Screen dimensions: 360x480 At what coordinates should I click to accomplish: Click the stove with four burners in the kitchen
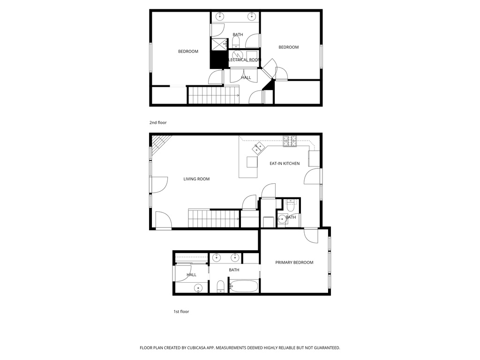point(290,140)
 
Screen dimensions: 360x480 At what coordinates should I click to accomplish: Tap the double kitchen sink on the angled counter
point(258,149)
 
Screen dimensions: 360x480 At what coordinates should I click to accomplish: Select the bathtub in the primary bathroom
point(244,286)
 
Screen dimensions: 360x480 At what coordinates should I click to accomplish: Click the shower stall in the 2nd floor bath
point(219,45)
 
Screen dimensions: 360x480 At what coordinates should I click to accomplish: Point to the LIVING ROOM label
point(196,179)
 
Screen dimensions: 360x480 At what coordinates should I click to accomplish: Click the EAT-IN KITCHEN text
point(284,164)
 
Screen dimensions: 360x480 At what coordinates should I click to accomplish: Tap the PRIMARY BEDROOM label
point(294,262)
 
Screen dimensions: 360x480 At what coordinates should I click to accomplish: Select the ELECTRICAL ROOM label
point(243,60)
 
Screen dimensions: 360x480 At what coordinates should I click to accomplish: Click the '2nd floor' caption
point(158,123)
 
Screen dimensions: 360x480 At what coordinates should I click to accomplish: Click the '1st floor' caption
point(181,311)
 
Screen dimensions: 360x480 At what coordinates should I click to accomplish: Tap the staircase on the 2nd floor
point(213,95)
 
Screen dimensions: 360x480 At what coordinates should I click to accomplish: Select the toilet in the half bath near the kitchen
point(290,204)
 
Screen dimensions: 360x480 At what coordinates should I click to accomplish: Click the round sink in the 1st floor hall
point(198,288)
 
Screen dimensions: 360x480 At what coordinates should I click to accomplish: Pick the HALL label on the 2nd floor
point(246,78)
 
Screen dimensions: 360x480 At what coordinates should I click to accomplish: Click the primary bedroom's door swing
point(311,235)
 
